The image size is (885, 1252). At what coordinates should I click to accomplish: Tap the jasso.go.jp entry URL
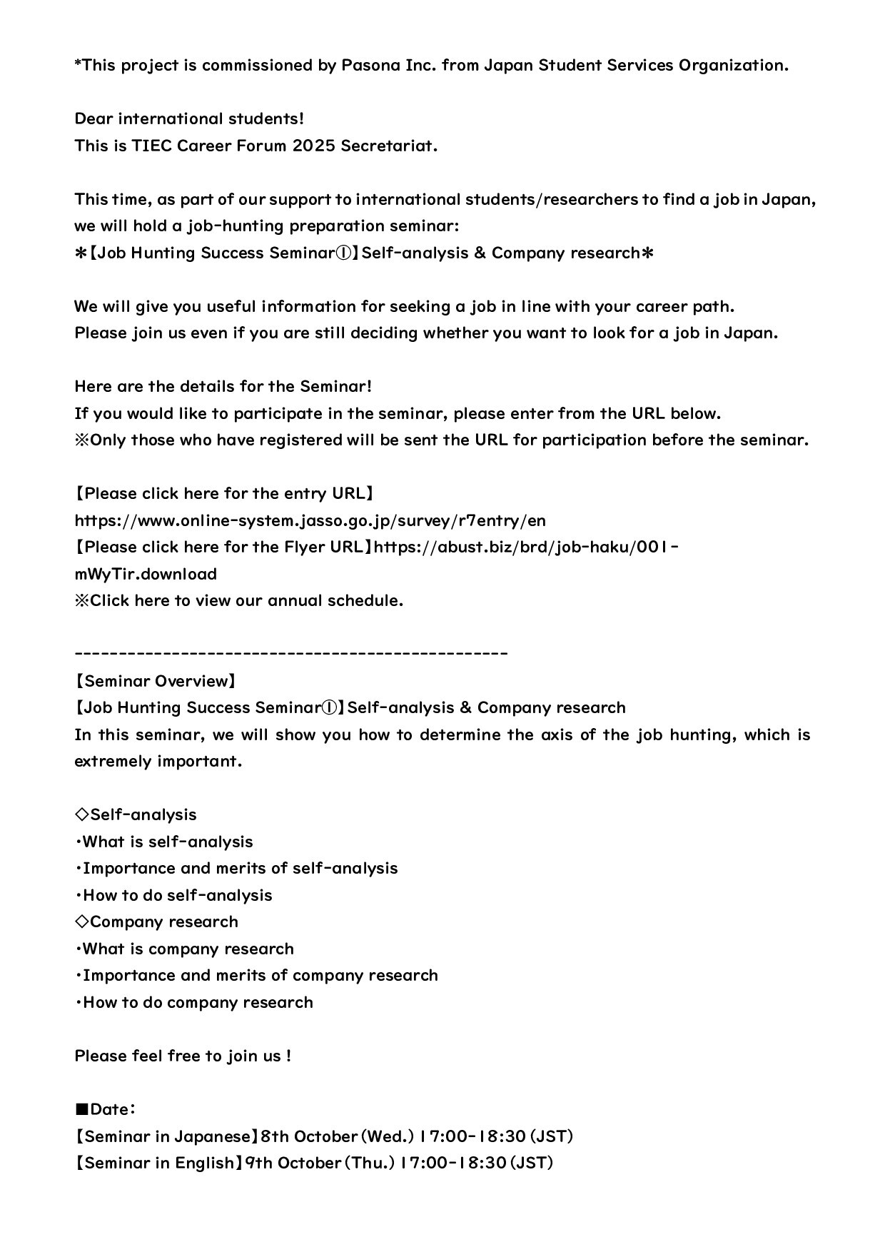point(310,520)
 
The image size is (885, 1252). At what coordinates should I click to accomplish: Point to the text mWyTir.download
point(146,574)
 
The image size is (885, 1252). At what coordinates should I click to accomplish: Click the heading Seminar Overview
point(155,681)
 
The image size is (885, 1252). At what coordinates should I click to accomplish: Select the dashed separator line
point(290,654)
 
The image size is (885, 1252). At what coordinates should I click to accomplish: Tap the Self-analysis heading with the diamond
point(136,815)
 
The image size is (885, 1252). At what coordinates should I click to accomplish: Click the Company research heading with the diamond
point(156,922)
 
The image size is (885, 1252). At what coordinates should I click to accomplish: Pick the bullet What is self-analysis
point(164,842)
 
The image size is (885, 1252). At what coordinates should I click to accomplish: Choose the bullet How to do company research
point(194,1003)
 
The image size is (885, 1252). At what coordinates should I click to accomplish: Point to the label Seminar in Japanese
point(166,1136)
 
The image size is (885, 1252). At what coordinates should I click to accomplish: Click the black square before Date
point(81,1110)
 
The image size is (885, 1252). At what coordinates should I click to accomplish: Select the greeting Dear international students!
point(189,119)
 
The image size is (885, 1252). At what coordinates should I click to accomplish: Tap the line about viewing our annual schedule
point(239,601)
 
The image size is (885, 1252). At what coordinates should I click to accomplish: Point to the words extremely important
point(158,762)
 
